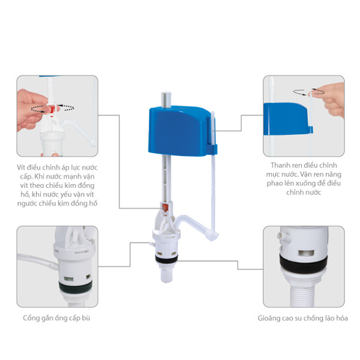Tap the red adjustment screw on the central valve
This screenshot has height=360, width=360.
(164, 208)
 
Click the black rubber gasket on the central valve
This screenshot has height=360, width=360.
(166, 259)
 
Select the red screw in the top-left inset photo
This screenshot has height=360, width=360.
(53, 109)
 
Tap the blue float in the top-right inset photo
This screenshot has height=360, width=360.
(286, 119)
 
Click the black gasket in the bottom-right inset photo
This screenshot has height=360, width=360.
(303, 265)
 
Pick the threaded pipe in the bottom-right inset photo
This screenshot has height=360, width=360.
(303, 295)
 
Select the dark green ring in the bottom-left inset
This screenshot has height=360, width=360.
(76, 287)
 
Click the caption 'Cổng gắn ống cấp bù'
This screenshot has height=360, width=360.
(56, 318)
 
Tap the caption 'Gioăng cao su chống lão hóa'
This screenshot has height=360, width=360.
(302, 318)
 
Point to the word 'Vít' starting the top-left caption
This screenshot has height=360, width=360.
(21, 167)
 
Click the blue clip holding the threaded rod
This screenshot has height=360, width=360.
(212, 149)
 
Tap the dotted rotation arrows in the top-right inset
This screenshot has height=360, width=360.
(308, 92)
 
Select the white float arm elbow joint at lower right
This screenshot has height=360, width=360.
(213, 236)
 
